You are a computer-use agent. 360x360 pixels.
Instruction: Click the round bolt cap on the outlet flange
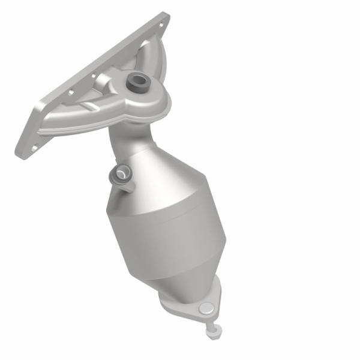(x=206, y=309)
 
